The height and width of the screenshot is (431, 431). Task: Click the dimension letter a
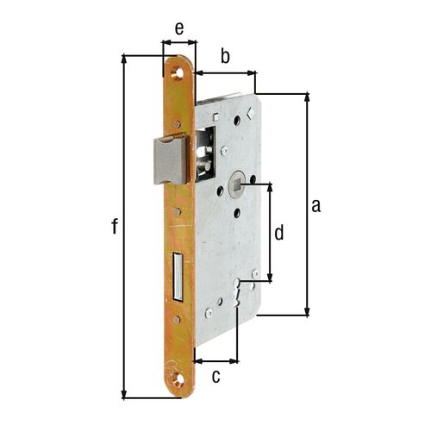pyautogui.click(x=316, y=206)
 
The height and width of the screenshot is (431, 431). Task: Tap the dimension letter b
pyautogui.click(x=225, y=56)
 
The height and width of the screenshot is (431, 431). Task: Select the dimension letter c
pyautogui.click(x=216, y=377)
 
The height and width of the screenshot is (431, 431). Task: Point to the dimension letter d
pyautogui.click(x=278, y=233)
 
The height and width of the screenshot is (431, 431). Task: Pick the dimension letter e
pyautogui.click(x=179, y=28)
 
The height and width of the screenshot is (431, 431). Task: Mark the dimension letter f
pyautogui.click(x=115, y=226)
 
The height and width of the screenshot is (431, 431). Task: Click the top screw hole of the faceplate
pyautogui.click(x=178, y=73)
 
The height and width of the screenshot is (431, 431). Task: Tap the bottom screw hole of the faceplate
pyautogui.click(x=178, y=378)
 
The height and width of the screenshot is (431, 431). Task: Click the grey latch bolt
pyautogui.click(x=171, y=160)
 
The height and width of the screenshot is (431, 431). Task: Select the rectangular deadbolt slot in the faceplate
pyautogui.click(x=178, y=277)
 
